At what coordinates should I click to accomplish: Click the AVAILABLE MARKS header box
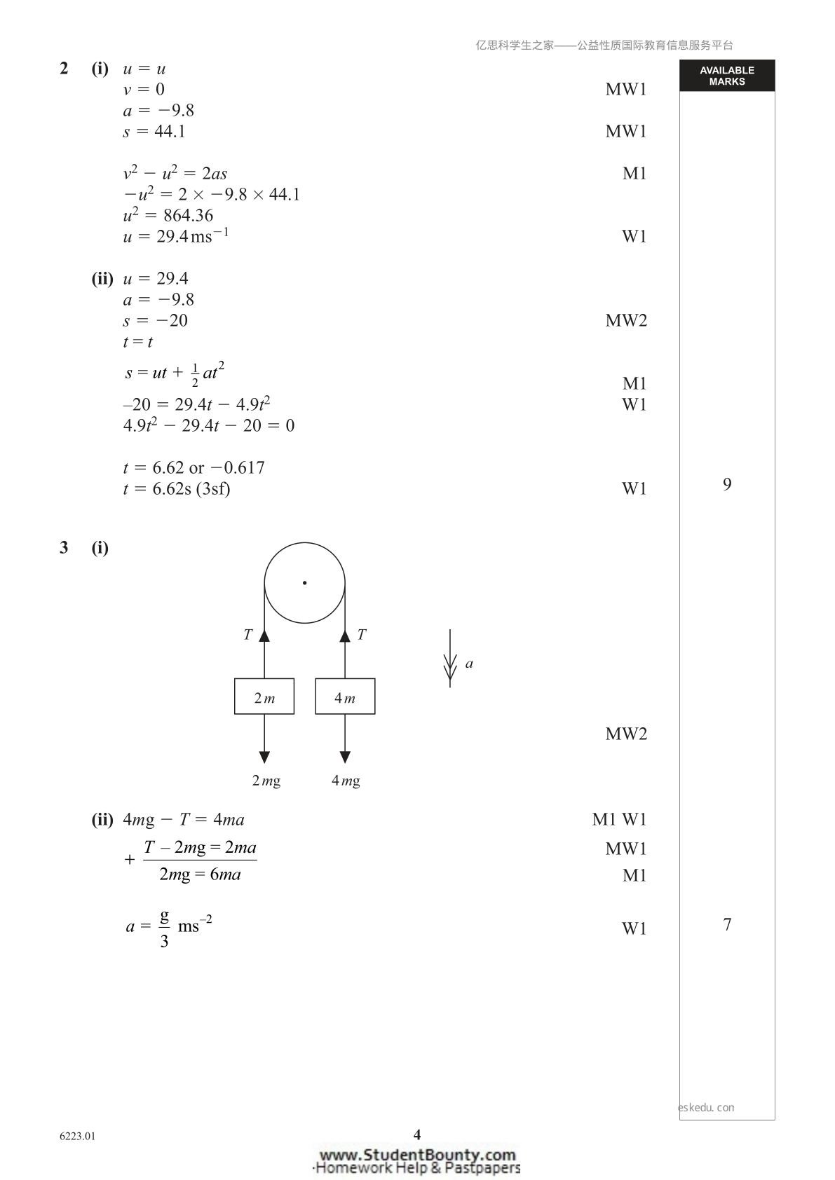[x=727, y=76]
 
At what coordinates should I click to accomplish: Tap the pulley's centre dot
[x=305, y=582]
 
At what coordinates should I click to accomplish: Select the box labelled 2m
[x=264, y=697]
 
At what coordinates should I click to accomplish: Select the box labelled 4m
[x=345, y=697]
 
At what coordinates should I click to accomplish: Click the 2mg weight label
[x=266, y=781]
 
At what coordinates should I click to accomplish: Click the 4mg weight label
[x=346, y=781]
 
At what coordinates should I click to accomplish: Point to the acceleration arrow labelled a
[x=449, y=659]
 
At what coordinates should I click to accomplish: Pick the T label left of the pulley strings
[x=247, y=635]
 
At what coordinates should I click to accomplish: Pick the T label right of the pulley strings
[x=361, y=635]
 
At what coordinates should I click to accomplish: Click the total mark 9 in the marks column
[x=727, y=484]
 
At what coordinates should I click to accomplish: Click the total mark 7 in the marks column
[x=727, y=924]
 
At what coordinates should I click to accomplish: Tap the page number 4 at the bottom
[x=417, y=1134]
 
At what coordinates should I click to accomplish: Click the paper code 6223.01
[x=78, y=1137]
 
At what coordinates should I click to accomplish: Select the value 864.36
[x=188, y=215]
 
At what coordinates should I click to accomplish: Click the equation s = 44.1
[x=154, y=131]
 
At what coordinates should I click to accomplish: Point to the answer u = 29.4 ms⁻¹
[x=175, y=235]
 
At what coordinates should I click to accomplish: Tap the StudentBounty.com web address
[x=418, y=1155]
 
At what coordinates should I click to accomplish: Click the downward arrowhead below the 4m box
[x=345, y=757]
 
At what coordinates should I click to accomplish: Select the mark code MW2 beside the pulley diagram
[x=625, y=734]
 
